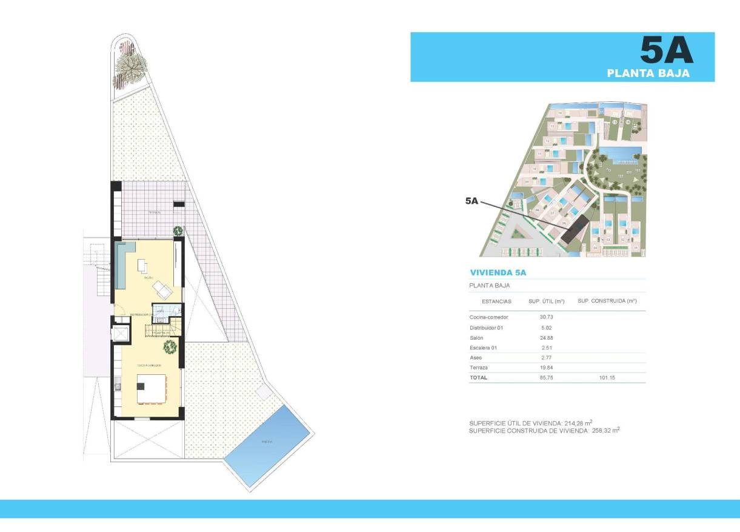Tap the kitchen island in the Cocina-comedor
151,389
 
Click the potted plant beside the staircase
170,346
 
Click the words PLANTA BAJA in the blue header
648,73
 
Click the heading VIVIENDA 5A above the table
498,272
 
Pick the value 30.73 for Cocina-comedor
547,317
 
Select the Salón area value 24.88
547,337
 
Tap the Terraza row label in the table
479,368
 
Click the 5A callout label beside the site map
472,201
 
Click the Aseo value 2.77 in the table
547,358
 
